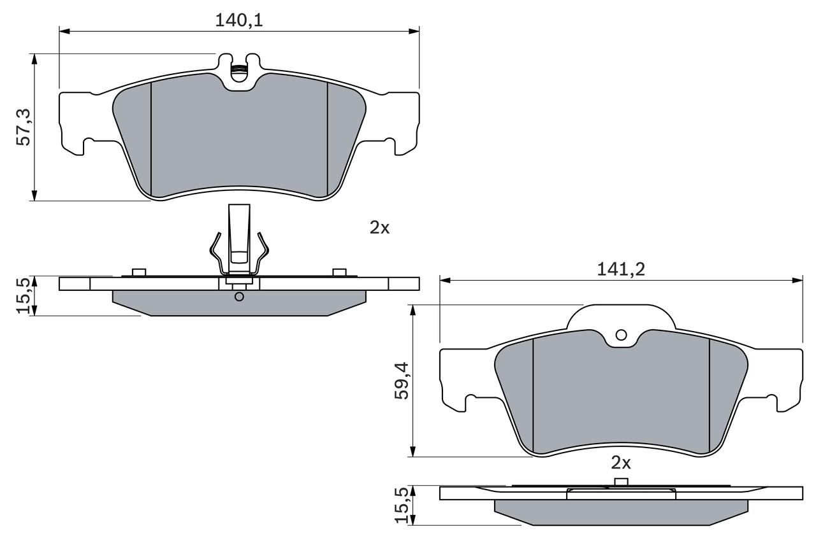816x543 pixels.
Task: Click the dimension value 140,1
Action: (x=239, y=20)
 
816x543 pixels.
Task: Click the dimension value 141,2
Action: (x=621, y=269)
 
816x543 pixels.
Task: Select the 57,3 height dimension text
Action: (x=24, y=127)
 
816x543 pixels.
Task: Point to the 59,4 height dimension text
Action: (x=402, y=381)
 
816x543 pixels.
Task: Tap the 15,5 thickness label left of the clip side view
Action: (x=24, y=295)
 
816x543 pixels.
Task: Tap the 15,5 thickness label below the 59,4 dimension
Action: (x=402, y=505)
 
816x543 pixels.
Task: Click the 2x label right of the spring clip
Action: (x=379, y=227)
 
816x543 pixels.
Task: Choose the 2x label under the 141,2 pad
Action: (x=620, y=462)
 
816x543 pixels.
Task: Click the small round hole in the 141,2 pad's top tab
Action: (x=621, y=335)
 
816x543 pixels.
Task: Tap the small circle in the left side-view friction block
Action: (x=239, y=297)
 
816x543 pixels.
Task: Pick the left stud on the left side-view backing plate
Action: (x=139, y=272)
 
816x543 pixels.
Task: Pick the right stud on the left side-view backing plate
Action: (x=340, y=272)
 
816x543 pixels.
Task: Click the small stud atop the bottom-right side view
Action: (x=621, y=482)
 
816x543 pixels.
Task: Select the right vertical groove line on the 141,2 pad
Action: (x=710, y=395)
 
